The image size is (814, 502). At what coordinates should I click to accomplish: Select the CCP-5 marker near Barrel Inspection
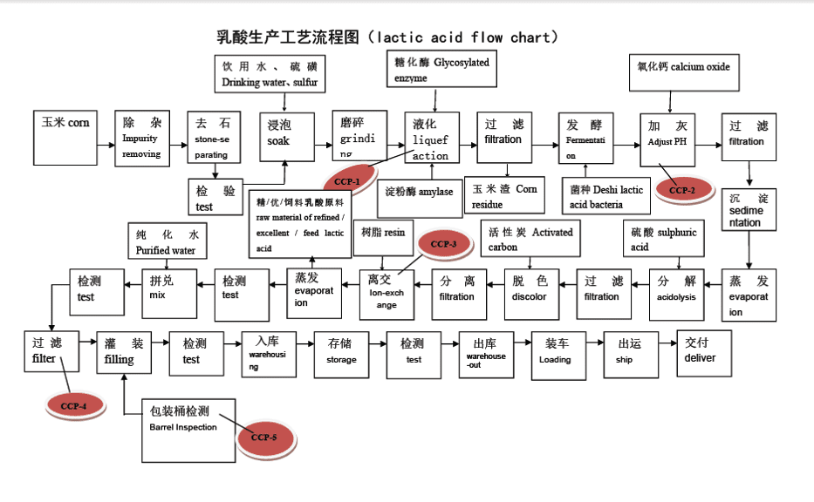[x=263, y=437]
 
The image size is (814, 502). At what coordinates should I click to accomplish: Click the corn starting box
[x=65, y=137]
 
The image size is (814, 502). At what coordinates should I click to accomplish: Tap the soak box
[x=286, y=137]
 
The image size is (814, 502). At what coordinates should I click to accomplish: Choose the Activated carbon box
[x=530, y=238]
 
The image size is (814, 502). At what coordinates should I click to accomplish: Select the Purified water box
[x=168, y=241]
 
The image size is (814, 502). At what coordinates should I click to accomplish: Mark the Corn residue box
[x=505, y=195]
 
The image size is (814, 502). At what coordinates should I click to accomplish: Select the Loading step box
[x=557, y=352]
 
